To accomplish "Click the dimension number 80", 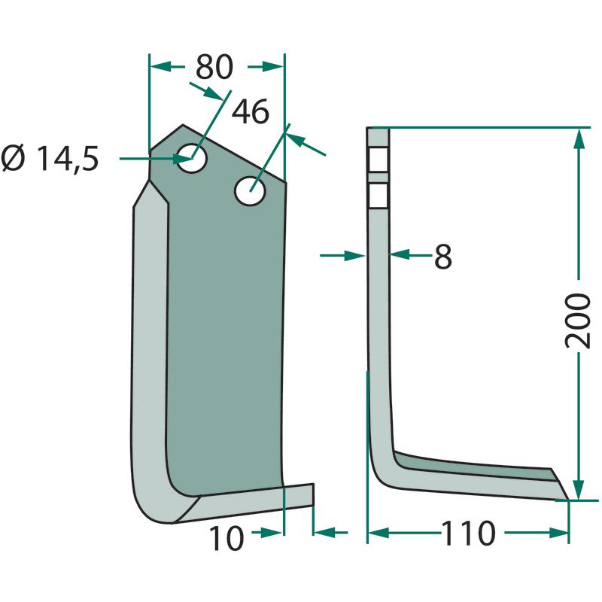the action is tap(214, 67).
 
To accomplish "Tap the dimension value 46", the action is tap(251, 111).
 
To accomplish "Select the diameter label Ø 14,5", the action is tap(50, 159).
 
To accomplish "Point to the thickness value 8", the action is tap(443, 257).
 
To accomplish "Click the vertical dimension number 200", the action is tap(578, 321).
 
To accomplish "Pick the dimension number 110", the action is tap(468, 534).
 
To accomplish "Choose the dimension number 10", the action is tap(227, 538).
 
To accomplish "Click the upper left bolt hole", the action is tap(193, 158).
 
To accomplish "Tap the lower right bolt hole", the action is tap(251, 191).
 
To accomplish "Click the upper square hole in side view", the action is tap(379, 160).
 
